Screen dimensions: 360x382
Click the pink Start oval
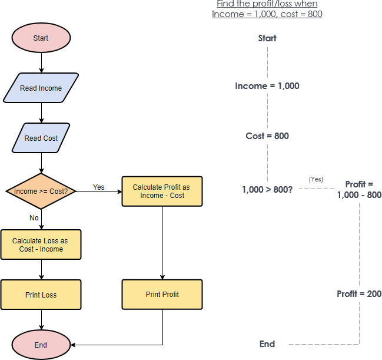[x=41, y=38]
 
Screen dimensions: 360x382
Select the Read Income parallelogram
[x=41, y=88]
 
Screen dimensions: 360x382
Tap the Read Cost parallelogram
[x=41, y=138]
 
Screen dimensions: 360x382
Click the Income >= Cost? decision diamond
[x=41, y=191]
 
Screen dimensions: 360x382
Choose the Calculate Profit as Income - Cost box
[x=162, y=191]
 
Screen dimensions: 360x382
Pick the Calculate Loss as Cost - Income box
[x=41, y=245]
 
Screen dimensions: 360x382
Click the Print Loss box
[x=41, y=295]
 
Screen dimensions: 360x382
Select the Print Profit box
[x=162, y=295]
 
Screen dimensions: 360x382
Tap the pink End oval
[x=41, y=345]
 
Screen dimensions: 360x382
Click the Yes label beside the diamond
[x=98, y=187]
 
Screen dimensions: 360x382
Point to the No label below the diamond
[x=34, y=218]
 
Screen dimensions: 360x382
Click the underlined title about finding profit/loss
[x=267, y=9]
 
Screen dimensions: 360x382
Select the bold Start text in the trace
[x=267, y=38]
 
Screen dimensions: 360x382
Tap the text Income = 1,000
[x=267, y=86]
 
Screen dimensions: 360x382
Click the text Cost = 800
[x=267, y=136]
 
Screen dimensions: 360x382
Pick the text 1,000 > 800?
[x=267, y=190]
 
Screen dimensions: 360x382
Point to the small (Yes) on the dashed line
[x=315, y=179]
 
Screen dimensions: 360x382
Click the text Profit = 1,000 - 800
[x=359, y=190]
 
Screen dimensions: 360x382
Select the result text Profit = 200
[x=359, y=294]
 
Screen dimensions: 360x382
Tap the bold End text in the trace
[x=267, y=344]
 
